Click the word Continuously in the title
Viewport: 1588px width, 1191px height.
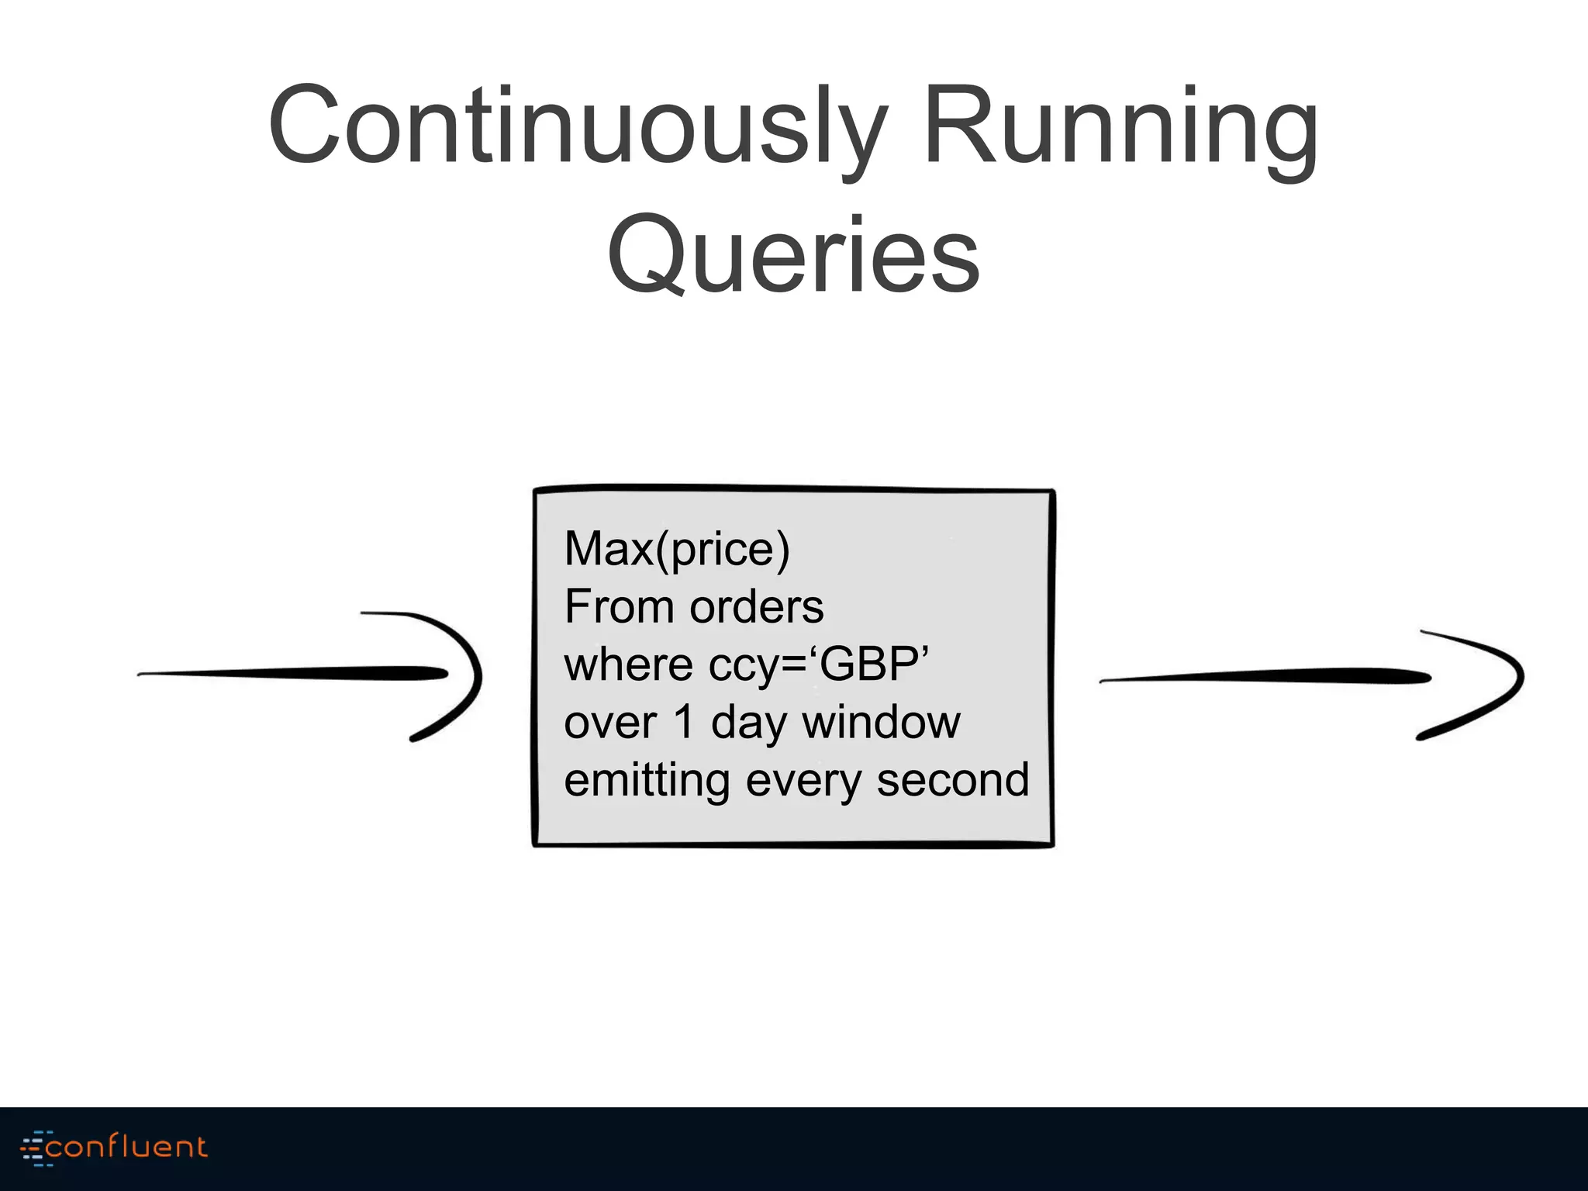[577, 128]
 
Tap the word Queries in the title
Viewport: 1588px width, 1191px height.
[793, 256]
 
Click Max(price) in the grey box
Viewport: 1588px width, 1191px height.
[677, 549]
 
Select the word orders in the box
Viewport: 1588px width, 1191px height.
[757, 606]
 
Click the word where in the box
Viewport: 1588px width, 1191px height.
[628, 665]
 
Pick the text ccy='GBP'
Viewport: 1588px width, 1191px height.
[819, 666]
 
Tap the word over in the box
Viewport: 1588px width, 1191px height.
[610, 723]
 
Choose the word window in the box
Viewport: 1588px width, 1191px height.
[881, 722]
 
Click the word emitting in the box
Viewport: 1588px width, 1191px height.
[647, 781]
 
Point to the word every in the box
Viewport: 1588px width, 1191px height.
[803, 781]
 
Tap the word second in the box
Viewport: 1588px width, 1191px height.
[953, 779]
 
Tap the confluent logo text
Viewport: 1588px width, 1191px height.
[126, 1147]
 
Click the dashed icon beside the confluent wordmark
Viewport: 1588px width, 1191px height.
[33, 1148]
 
